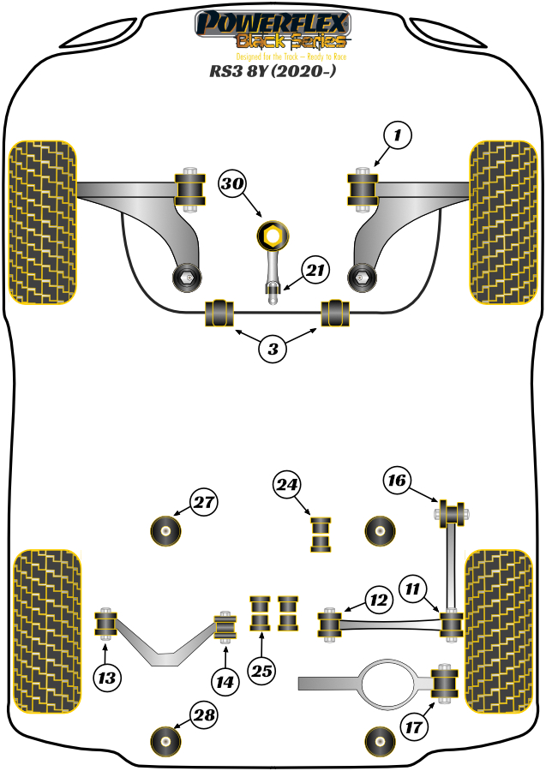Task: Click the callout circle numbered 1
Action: click(397, 135)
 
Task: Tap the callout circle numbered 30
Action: click(232, 183)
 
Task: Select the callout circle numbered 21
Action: click(316, 272)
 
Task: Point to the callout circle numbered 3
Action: click(273, 349)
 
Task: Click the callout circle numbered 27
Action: click(204, 503)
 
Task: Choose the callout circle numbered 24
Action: click(288, 486)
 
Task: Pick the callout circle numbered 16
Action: click(395, 481)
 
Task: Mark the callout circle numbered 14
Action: click(225, 682)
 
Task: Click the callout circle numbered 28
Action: click(204, 715)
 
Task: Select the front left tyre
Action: click(42, 222)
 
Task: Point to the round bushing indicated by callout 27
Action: click(166, 530)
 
